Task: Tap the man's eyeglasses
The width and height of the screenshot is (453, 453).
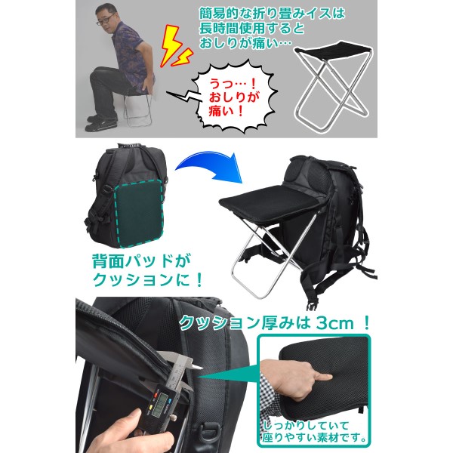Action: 106,20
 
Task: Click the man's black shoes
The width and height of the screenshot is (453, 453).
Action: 100,123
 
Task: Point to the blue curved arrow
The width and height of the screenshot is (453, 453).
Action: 209,166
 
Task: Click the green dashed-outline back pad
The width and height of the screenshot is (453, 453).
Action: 139,213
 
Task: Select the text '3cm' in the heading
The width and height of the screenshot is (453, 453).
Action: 334,323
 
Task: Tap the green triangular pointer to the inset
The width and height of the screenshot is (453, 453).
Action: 228,375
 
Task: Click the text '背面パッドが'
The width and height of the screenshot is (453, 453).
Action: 141,261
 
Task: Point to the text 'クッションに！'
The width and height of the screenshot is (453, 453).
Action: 147,279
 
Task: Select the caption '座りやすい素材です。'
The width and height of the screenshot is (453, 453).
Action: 314,438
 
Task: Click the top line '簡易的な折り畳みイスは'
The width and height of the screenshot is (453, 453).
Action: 272,14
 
